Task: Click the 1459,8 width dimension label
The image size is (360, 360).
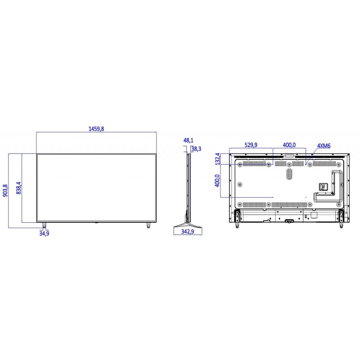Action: pyautogui.click(x=96, y=129)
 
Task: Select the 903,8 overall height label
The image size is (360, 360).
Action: pyautogui.click(x=5, y=190)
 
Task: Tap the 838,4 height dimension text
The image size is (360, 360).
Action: pyautogui.click(x=18, y=188)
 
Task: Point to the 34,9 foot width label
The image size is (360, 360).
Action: pyautogui.click(x=44, y=234)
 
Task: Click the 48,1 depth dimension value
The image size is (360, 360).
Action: pyautogui.click(x=188, y=140)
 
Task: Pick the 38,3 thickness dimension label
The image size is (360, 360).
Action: pyautogui.click(x=196, y=149)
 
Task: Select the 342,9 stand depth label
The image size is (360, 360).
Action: pyautogui.click(x=188, y=231)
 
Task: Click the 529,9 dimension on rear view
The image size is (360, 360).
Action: pyautogui.click(x=251, y=145)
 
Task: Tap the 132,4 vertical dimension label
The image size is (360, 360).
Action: pyautogui.click(x=217, y=159)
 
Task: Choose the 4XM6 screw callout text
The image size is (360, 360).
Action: pyautogui.click(x=324, y=146)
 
